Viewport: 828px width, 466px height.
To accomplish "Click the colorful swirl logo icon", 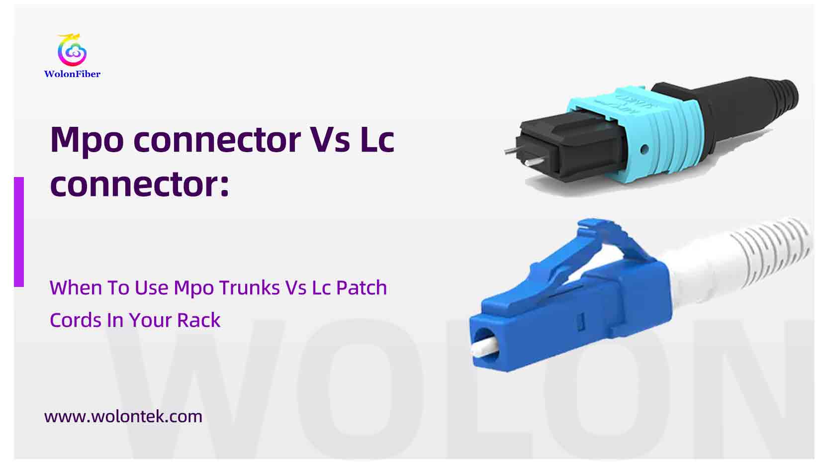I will click(x=72, y=50).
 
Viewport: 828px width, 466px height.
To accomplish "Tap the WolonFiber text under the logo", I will click(x=72, y=74).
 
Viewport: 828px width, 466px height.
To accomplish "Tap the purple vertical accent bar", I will click(x=19, y=232).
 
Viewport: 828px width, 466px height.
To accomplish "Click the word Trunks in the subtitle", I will click(x=249, y=288).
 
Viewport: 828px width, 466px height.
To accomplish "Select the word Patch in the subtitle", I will click(x=361, y=288).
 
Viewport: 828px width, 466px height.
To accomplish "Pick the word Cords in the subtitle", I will click(x=75, y=320).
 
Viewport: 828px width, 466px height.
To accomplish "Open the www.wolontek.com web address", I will click(x=123, y=416).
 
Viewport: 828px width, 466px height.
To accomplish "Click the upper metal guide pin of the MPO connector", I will click(x=512, y=150).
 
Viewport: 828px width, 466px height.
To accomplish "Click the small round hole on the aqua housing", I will click(x=644, y=149).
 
